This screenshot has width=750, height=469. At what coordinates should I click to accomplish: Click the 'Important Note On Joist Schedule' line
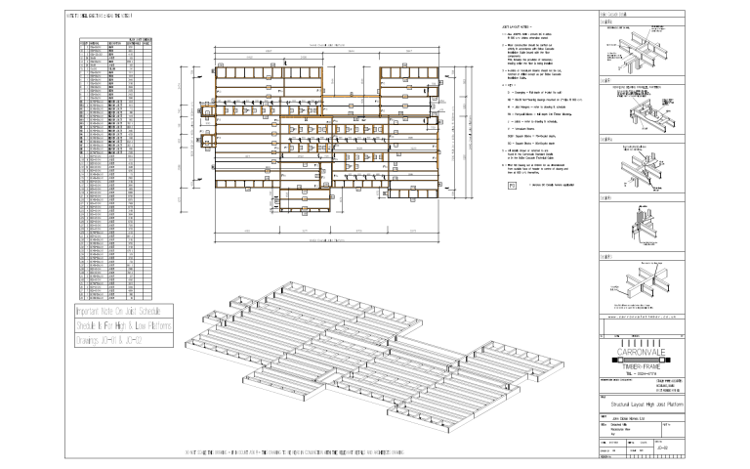pos(125,310)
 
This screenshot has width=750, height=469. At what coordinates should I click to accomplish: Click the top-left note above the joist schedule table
pos(105,17)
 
